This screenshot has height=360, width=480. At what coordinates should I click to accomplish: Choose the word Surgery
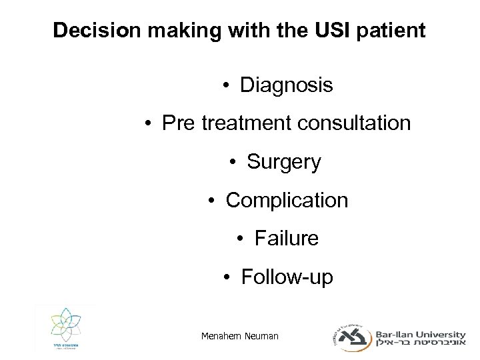click(284, 162)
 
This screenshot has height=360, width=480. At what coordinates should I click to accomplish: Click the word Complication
click(287, 200)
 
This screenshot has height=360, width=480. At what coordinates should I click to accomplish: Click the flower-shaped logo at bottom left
click(64, 329)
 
